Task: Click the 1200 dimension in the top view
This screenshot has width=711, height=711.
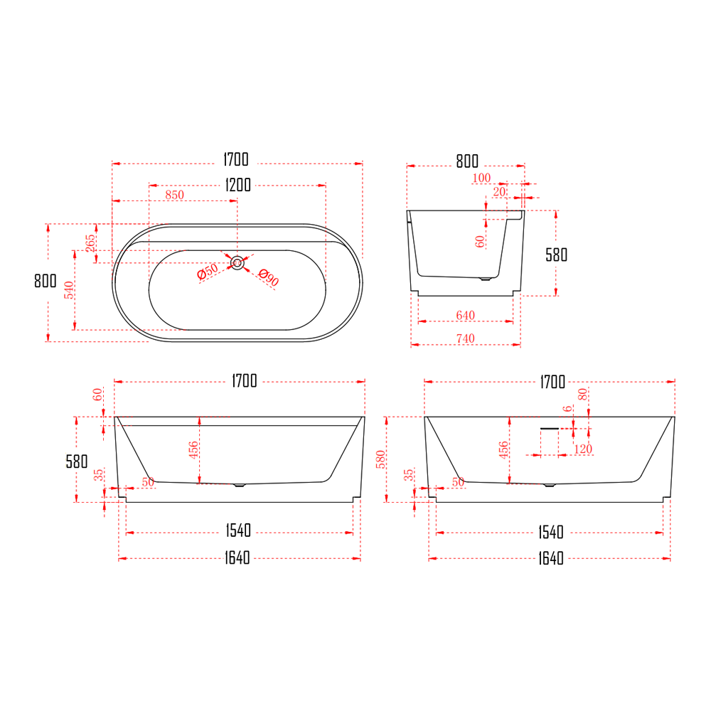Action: click(x=237, y=185)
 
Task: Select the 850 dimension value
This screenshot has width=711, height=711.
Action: click(x=174, y=196)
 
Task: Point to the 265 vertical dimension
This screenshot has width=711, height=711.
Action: click(x=90, y=243)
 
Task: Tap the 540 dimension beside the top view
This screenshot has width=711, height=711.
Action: click(x=69, y=290)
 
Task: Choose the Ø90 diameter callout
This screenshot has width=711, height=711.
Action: click(x=268, y=278)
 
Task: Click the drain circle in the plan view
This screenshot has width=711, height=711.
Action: click(x=237, y=263)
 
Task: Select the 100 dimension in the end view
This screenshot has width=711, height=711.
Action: click(x=481, y=178)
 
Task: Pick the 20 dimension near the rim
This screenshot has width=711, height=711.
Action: click(x=499, y=192)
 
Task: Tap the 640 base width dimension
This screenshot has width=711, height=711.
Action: click(x=466, y=316)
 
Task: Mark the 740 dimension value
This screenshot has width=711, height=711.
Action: click(x=466, y=339)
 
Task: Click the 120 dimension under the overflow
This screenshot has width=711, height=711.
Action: click(x=583, y=449)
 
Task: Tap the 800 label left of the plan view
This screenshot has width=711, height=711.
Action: click(x=45, y=281)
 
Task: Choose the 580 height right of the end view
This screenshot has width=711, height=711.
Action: click(x=556, y=255)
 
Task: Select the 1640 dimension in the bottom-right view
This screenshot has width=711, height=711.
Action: click(x=549, y=558)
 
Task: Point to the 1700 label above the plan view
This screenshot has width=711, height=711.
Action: click(x=237, y=159)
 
